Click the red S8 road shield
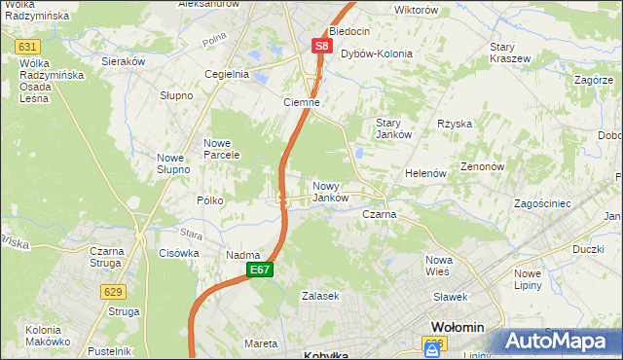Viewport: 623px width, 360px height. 323,46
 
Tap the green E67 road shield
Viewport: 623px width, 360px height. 257,270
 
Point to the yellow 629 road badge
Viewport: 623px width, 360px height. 114,291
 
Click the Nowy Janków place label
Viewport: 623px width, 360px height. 331,191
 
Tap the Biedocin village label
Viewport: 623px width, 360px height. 349,31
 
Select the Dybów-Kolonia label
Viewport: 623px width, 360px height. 377,54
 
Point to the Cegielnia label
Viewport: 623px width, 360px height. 226,73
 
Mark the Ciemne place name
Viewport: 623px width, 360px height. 302,102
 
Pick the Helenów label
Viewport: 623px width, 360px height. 425,173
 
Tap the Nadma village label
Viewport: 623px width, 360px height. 242,255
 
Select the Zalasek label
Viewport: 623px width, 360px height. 320,295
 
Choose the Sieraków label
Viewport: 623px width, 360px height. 124,60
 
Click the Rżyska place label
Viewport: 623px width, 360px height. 455,124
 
